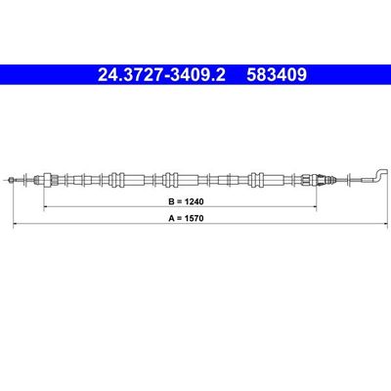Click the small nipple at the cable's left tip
[11, 179]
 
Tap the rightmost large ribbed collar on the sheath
[258, 179]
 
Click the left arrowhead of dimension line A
[14, 226]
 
